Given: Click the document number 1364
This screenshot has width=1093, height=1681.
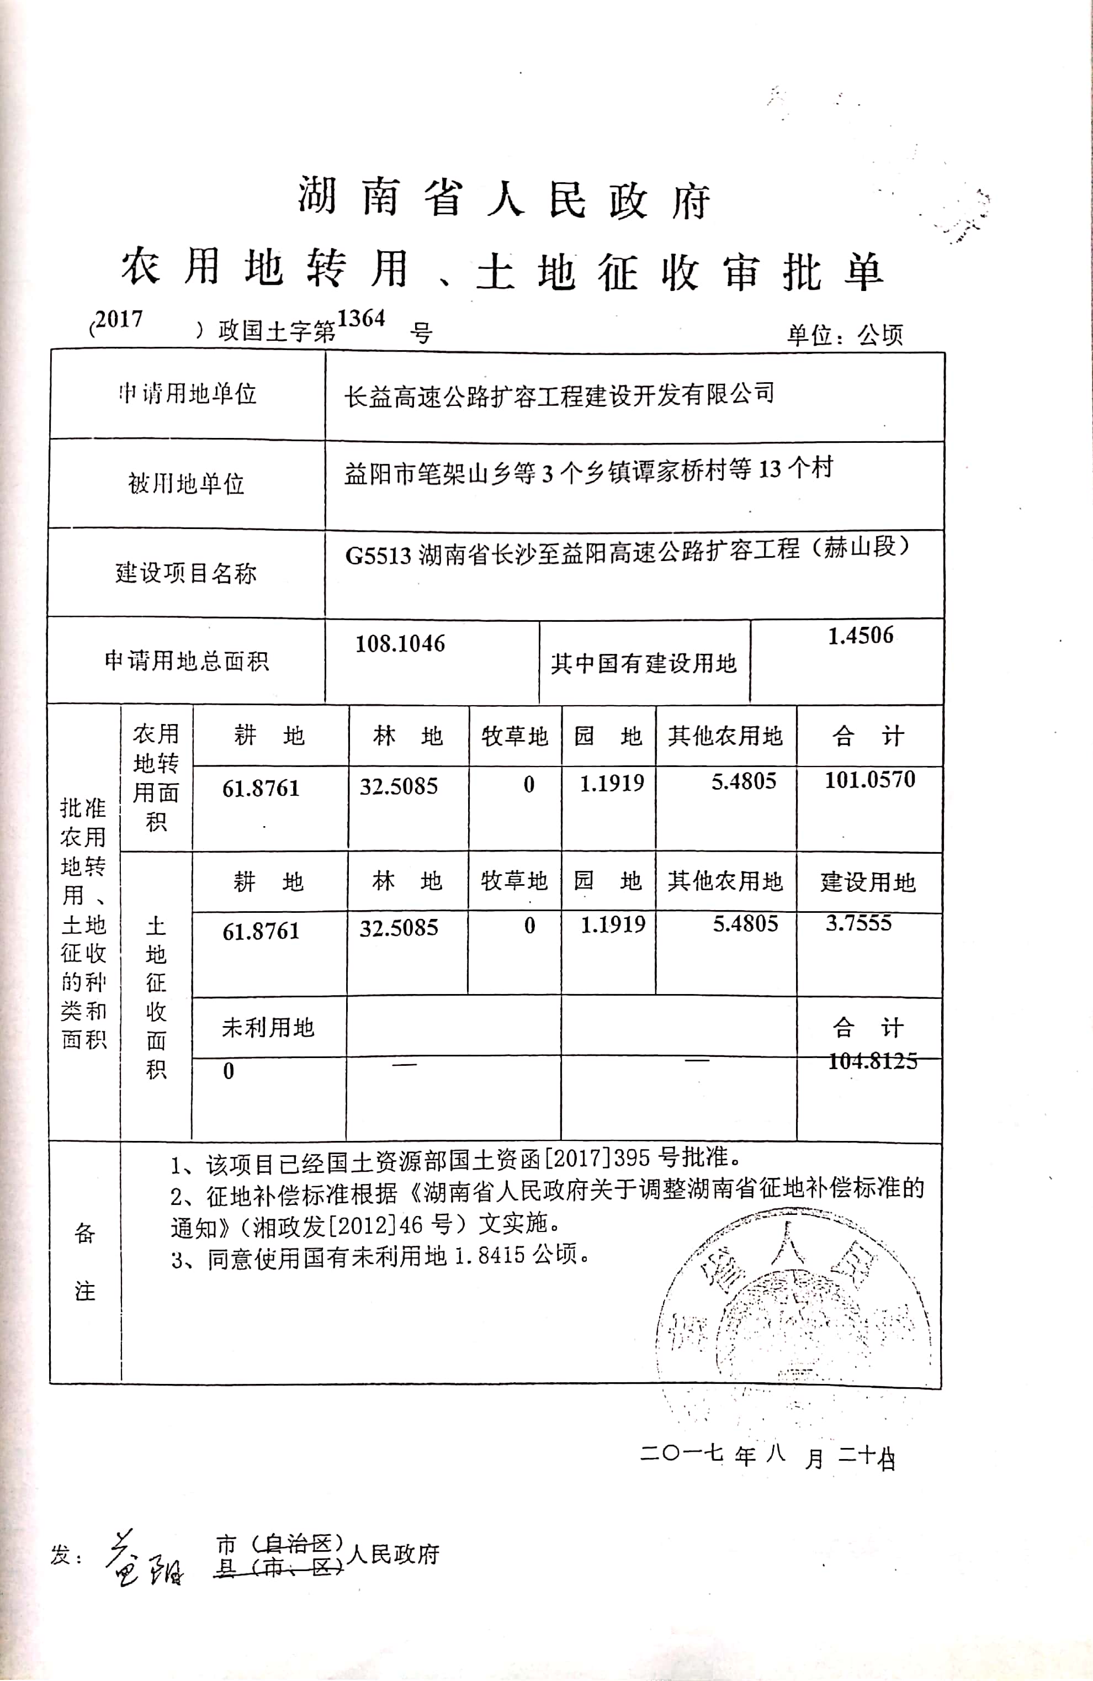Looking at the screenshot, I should click(361, 319).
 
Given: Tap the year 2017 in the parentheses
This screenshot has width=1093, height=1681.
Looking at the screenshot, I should click(119, 319).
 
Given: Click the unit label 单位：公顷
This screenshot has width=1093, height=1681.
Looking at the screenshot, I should click(845, 334).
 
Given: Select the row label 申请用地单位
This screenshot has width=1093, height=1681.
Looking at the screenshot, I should click(187, 393).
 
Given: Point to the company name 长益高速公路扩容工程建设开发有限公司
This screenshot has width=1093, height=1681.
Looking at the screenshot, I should click(559, 394).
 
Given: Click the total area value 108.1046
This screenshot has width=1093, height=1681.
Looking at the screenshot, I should click(400, 643).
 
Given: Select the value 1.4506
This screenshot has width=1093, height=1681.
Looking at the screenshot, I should click(860, 636).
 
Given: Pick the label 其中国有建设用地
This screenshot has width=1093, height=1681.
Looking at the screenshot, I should click(643, 663).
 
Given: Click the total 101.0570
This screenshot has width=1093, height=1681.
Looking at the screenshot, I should click(870, 780).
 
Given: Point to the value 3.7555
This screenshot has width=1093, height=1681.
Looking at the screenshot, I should click(858, 922).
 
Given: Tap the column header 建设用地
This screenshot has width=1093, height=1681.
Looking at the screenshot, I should click(868, 881).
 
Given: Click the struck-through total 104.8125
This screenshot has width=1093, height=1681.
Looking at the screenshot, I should click(873, 1060).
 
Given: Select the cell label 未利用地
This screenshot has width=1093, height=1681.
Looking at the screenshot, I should click(268, 1028).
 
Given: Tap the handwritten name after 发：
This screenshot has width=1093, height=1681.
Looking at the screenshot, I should click(145, 1559).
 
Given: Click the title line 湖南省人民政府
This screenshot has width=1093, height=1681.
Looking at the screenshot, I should click(503, 198).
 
